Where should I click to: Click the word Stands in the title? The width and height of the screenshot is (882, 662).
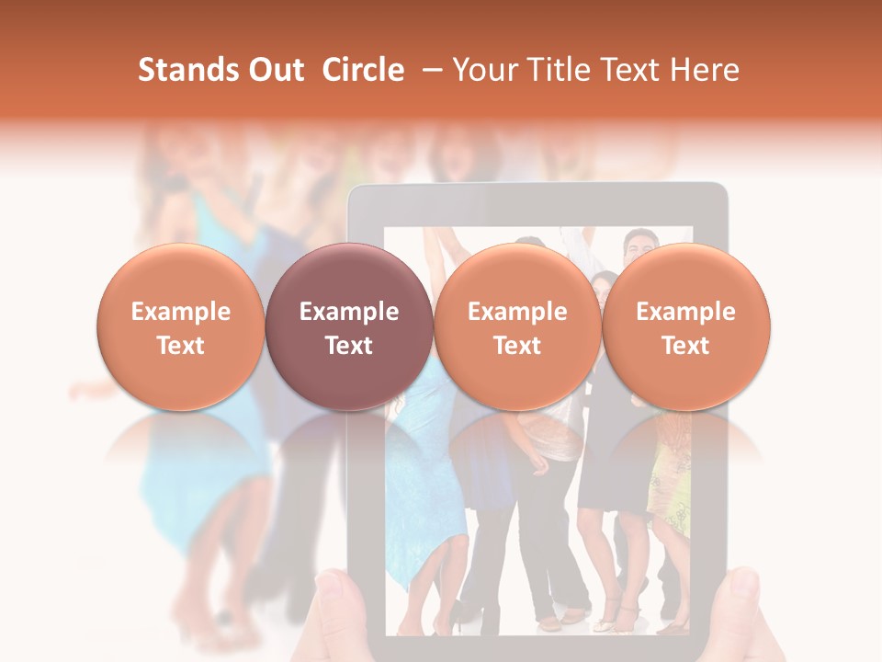[189, 70]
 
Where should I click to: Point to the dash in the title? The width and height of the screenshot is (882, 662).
[428, 71]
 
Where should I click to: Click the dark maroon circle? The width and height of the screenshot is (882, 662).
[348, 327]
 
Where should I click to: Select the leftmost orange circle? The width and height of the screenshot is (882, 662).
[180, 327]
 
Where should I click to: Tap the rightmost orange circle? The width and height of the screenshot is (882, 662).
[685, 327]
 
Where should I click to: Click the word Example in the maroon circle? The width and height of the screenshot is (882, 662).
[348, 312]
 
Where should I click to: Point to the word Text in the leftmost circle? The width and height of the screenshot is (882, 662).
[180, 346]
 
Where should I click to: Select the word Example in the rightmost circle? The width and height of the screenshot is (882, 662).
[685, 312]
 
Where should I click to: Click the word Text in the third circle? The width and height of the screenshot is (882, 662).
[517, 346]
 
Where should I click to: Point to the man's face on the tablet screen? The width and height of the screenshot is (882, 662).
[637, 246]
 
